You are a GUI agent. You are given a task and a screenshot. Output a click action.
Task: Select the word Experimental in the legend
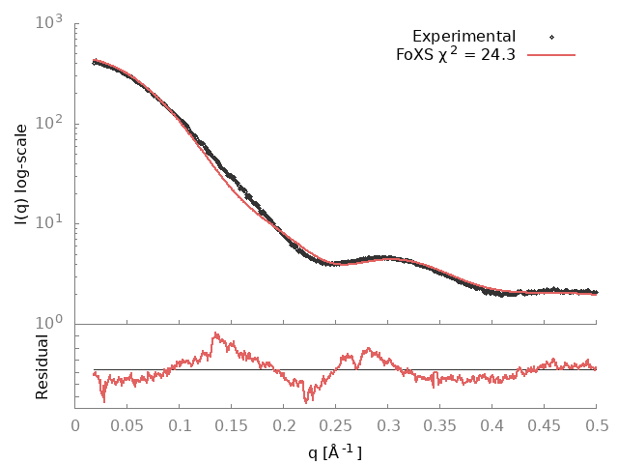tap(463, 37)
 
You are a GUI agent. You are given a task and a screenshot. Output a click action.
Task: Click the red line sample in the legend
tap(551, 55)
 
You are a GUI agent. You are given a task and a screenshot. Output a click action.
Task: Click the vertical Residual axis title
tap(42, 367)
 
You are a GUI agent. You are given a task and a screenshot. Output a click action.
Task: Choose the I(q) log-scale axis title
tap(21, 174)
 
